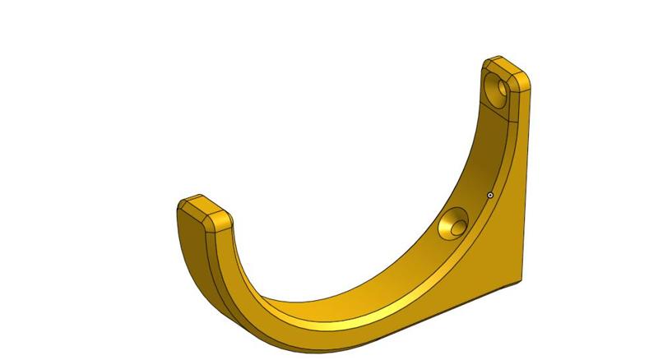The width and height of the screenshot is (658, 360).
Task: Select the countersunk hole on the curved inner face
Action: tap(452, 224)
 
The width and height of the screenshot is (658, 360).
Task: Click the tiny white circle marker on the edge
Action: tap(490, 196)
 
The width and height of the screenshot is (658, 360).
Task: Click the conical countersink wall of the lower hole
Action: tap(449, 227)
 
